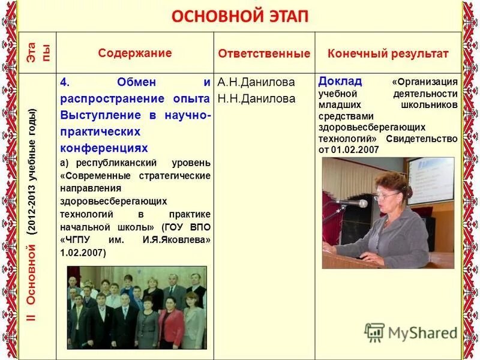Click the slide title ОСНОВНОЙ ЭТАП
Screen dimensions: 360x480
point(240,16)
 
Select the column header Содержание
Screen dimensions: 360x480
point(135,53)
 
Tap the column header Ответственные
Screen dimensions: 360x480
point(264,53)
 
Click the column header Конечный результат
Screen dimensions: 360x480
point(388,53)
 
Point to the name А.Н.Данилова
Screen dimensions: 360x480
point(256,83)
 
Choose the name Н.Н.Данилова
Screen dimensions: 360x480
point(256,98)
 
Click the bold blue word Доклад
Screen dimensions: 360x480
point(340,81)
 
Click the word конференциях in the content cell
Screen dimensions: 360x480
point(103,147)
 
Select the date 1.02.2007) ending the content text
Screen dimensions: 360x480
point(83,253)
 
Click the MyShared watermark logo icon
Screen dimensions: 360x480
point(374,332)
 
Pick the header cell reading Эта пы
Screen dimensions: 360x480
point(38,53)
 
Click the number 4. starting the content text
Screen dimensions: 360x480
point(64,82)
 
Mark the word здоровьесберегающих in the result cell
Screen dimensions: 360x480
point(371,127)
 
